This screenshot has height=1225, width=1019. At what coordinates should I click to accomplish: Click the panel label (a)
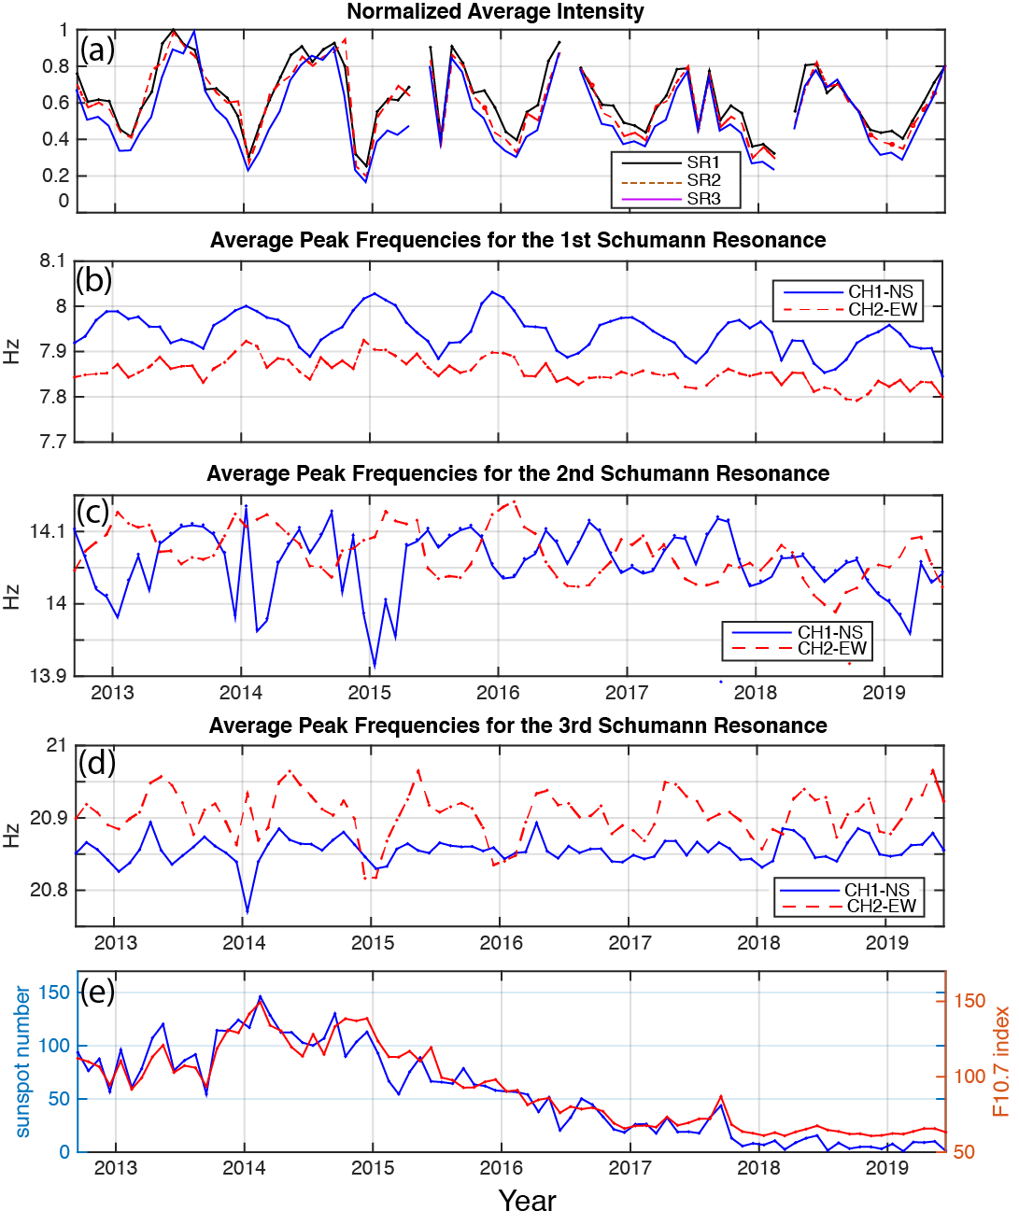[97, 49]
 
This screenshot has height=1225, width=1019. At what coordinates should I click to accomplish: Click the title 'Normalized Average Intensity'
[495, 12]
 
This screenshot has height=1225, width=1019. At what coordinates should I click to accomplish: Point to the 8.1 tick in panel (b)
[53, 261]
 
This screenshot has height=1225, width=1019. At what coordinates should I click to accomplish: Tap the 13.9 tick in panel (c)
[49, 676]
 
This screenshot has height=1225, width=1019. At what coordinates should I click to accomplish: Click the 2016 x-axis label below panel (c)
[498, 693]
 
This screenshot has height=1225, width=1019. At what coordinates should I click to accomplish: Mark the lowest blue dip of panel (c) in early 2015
[375, 668]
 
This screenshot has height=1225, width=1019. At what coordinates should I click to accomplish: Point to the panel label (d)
[97, 763]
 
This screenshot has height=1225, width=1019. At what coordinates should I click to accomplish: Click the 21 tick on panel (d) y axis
[57, 745]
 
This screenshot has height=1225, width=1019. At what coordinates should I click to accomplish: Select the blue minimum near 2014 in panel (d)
[248, 912]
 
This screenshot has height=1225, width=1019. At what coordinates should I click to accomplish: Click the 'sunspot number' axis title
[22, 1062]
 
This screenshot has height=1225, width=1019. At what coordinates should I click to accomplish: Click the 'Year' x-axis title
[527, 1202]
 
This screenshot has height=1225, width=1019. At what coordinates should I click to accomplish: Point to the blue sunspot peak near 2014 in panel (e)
[260, 996]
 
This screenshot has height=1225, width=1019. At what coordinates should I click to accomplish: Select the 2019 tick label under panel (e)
[886, 1168]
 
